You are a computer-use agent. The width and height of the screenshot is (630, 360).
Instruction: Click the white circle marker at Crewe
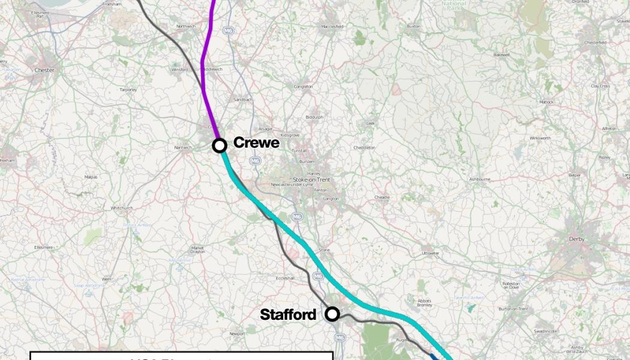(x=220, y=145)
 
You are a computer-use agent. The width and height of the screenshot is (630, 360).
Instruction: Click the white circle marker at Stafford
(x=332, y=314)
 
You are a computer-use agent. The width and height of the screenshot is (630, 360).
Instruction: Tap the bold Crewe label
(x=256, y=143)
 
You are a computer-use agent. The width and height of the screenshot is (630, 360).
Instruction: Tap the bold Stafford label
(x=288, y=315)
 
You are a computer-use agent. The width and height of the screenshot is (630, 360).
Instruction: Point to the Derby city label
(x=576, y=239)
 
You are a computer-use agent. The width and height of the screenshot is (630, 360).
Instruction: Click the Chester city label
(x=44, y=70)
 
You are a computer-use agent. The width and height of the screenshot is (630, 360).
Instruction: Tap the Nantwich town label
(x=183, y=148)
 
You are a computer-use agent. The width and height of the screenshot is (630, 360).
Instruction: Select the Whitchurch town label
(x=122, y=208)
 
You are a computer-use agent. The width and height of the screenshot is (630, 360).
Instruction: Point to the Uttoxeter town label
(x=431, y=253)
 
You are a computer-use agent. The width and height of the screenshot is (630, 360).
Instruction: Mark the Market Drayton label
(x=197, y=250)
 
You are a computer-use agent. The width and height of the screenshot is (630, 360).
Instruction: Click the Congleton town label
(x=303, y=87)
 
